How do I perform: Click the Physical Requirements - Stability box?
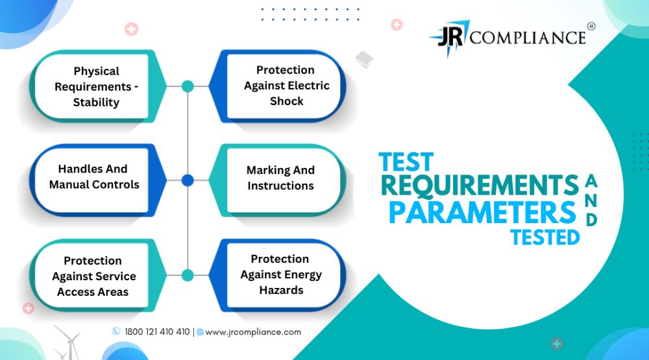(x=97, y=86)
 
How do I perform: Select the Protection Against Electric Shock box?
(x=277, y=86)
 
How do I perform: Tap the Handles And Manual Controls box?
(x=97, y=180)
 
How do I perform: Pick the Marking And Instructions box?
(x=277, y=180)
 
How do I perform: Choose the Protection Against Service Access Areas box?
(x=97, y=275)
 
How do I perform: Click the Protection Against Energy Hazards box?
(x=277, y=275)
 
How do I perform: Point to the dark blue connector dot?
(x=188, y=180)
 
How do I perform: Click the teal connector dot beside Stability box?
(x=188, y=86)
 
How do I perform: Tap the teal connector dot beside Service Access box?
(x=188, y=275)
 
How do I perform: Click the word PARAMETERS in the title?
(x=482, y=212)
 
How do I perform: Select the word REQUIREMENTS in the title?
(x=480, y=185)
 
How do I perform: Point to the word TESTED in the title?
(x=545, y=237)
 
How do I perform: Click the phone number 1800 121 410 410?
(x=157, y=332)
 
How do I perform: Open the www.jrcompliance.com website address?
(x=253, y=332)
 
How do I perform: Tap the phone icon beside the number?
(x=116, y=331)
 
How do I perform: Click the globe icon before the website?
(x=201, y=332)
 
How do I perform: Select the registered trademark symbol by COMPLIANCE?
(x=591, y=27)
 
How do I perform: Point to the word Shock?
(x=286, y=101)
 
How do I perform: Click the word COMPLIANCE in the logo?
(x=528, y=38)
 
